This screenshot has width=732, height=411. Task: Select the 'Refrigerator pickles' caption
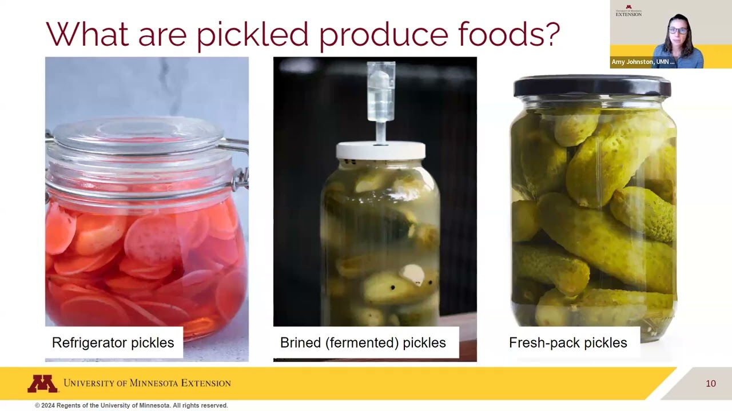point(113,342)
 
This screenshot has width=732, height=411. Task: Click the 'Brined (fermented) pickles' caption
point(363,342)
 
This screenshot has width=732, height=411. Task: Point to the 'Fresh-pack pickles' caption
point(567,342)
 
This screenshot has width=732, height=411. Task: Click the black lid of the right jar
point(592,86)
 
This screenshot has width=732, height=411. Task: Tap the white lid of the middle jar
point(380,151)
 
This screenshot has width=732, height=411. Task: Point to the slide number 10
point(710,384)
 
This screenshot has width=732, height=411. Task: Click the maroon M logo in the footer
point(42,384)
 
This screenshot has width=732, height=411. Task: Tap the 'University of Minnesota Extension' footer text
point(147,383)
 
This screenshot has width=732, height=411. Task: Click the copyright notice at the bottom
point(132,405)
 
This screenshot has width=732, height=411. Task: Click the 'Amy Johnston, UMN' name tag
point(643,62)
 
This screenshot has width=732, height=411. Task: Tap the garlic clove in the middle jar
point(413,275)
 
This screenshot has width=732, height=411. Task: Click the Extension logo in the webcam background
point(628,11)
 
